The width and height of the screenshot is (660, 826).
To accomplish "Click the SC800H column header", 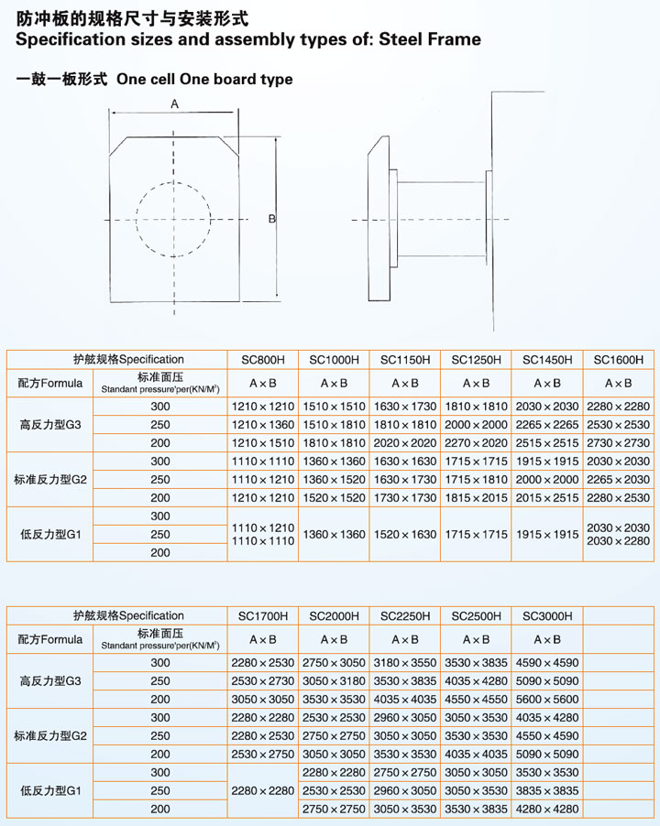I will (x=262, y=360).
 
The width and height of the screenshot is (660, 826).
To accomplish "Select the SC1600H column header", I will (x=619, y=360).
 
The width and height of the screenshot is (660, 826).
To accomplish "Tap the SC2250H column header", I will (x=404, y=616).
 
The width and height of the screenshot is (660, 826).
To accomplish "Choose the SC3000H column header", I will (x=547, y=616).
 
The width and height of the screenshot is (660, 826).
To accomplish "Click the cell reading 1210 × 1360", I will (x=262, y=425).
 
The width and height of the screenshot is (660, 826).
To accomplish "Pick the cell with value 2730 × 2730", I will (x=619, y=443).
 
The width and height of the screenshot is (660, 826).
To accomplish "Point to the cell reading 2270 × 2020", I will (x=476, y=443).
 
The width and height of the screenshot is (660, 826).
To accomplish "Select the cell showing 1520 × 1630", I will (x=404, y=534).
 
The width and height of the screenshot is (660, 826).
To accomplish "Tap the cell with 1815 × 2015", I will (x=476, y=497).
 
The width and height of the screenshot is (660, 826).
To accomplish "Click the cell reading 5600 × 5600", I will (x=547, y=699).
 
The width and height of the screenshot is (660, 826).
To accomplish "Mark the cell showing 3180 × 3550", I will (x=404, y=662).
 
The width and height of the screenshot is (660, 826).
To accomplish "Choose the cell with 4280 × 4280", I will (x=547, y=809).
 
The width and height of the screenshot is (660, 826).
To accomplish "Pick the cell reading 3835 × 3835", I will (x=547, y=790).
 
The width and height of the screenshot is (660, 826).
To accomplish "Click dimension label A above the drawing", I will (x=174, y=105).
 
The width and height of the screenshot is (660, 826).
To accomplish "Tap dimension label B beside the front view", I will (x=272, y=219).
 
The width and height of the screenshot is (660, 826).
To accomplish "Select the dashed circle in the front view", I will (x=174, y=219).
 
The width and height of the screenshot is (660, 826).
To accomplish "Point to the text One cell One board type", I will (x=205, y=79).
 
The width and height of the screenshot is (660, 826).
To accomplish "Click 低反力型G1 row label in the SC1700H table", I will (x=50, y=790).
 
